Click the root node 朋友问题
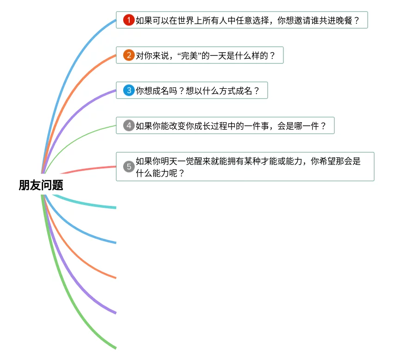pyautogui.click(x=41, y=186)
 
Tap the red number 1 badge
pyautogui.click(x=129, y=20)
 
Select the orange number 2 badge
pyautogui.click(x=129, y=56)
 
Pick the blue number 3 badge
pyautogui.click(x=129, y=91)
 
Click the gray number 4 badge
pyautogui.click(x=129, y=125)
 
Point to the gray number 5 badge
pyautogui.click(x=129, y=167)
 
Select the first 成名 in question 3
pyautogui.click(x=159, y=91)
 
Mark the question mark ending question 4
pyautogui.click(x=324, y=125)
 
